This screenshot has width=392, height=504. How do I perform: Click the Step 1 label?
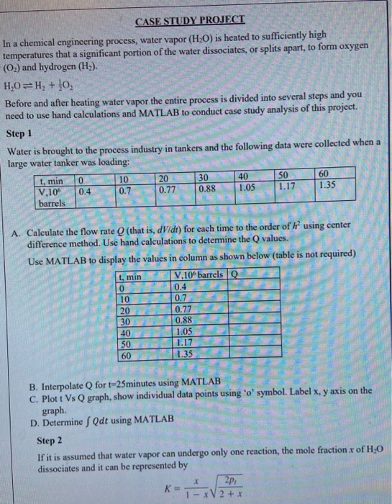(x=19, y=133)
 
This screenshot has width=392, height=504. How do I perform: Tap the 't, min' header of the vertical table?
(x=129, y=276)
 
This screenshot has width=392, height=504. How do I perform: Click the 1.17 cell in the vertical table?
(x=186, y=343)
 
